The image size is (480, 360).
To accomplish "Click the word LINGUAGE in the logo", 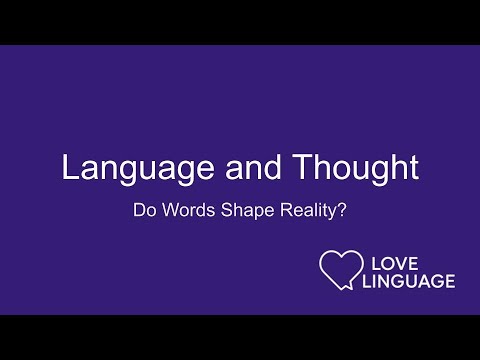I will pos(411,281).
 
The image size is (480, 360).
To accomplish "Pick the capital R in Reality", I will pos(277,213).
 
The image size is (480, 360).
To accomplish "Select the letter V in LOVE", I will pos(403,261).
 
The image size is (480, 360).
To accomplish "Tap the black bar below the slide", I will pos(240,337).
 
